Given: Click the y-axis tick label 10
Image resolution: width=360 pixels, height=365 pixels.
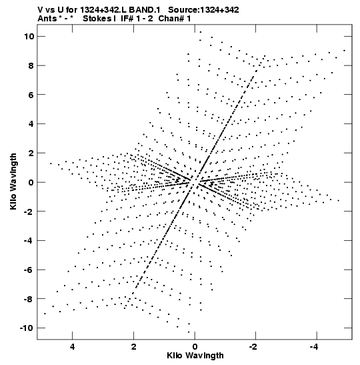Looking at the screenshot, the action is (x=29, y=36).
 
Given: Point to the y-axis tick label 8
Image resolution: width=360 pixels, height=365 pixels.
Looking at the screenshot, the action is (x=31, y=65).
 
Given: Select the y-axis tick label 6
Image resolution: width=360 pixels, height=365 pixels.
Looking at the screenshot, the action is (x=31, y=95).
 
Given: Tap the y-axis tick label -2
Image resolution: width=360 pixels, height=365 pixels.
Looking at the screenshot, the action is (x=29, y=212).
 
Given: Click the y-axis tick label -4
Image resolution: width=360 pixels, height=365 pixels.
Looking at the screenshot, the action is (x=29, y=240).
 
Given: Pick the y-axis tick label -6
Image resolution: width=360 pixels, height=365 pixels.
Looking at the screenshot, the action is (x=29, y=270).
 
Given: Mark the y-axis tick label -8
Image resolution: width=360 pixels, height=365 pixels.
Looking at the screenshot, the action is (x=29, y=299).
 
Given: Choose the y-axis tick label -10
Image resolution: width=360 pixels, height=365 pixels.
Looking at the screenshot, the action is (x=27, y=328).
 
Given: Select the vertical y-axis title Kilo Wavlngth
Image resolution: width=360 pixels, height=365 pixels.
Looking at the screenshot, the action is (x=13, y=181).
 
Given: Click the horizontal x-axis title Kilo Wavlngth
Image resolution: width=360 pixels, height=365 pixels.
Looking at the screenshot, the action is (x=195, y=356).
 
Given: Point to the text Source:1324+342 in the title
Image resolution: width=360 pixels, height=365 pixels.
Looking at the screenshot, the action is (x=203, y=10).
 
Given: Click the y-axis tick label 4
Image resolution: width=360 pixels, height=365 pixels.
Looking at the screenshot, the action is (x=31, y=124).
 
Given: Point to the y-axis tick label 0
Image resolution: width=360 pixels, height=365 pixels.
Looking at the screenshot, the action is (x=31, y=182).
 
